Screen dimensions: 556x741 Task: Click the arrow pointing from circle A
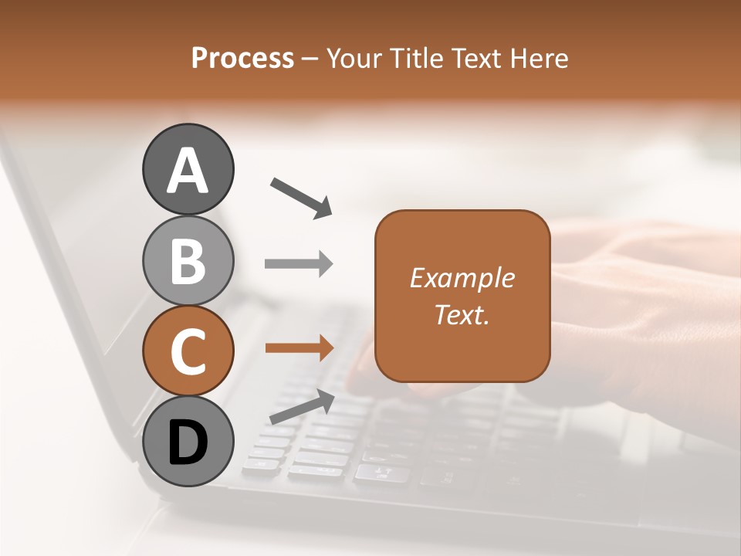(301, 197)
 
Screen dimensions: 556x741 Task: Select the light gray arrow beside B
(299, 264)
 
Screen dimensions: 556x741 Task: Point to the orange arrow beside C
(299, 348)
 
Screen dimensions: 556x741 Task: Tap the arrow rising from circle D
(302, 408)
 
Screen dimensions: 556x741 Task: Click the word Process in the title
(242, 58)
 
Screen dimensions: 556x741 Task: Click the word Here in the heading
(536, 58)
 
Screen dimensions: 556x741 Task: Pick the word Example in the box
(462, 278)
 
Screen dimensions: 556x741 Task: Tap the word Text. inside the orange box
(462, 314)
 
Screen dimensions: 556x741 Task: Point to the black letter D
(188, 443)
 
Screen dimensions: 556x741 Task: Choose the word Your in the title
(353, 58)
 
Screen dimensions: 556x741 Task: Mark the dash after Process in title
(310, 59)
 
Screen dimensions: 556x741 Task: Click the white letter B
(188, 261)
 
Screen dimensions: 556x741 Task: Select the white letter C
(188, 351)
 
